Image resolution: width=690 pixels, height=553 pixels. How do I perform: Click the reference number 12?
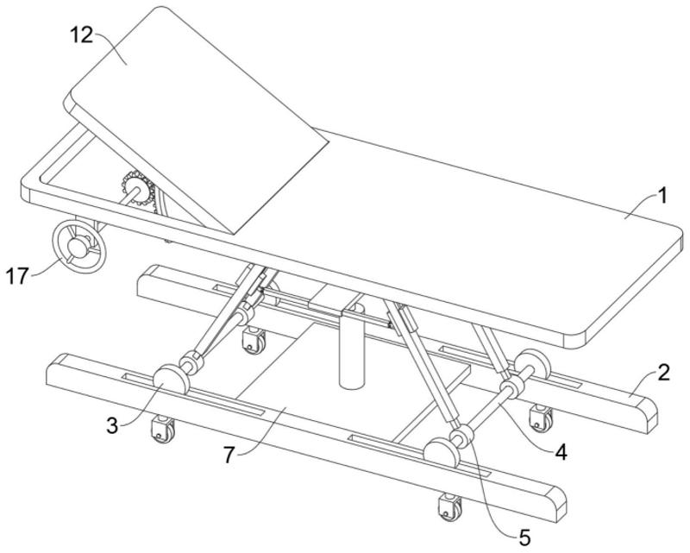[82, 35]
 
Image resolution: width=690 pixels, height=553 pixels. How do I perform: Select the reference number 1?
[662, 196]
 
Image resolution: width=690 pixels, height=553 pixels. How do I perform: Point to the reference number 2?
[664, 373]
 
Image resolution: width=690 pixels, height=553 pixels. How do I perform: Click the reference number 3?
[113, 426]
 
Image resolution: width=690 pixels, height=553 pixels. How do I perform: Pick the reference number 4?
[561, 452]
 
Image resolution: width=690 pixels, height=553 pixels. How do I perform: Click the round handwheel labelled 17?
[79, 246]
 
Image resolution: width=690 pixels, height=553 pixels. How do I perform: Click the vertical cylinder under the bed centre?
[353, 348]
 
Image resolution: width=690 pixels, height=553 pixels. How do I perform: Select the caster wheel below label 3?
[162, 429]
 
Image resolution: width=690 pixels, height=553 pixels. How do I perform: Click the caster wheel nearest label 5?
[449, 507]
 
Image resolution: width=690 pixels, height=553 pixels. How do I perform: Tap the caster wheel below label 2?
[541, 418]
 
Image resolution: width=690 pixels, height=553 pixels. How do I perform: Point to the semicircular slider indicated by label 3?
[171, 379]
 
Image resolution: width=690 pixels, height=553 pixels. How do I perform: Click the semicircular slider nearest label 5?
[442, 452]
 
